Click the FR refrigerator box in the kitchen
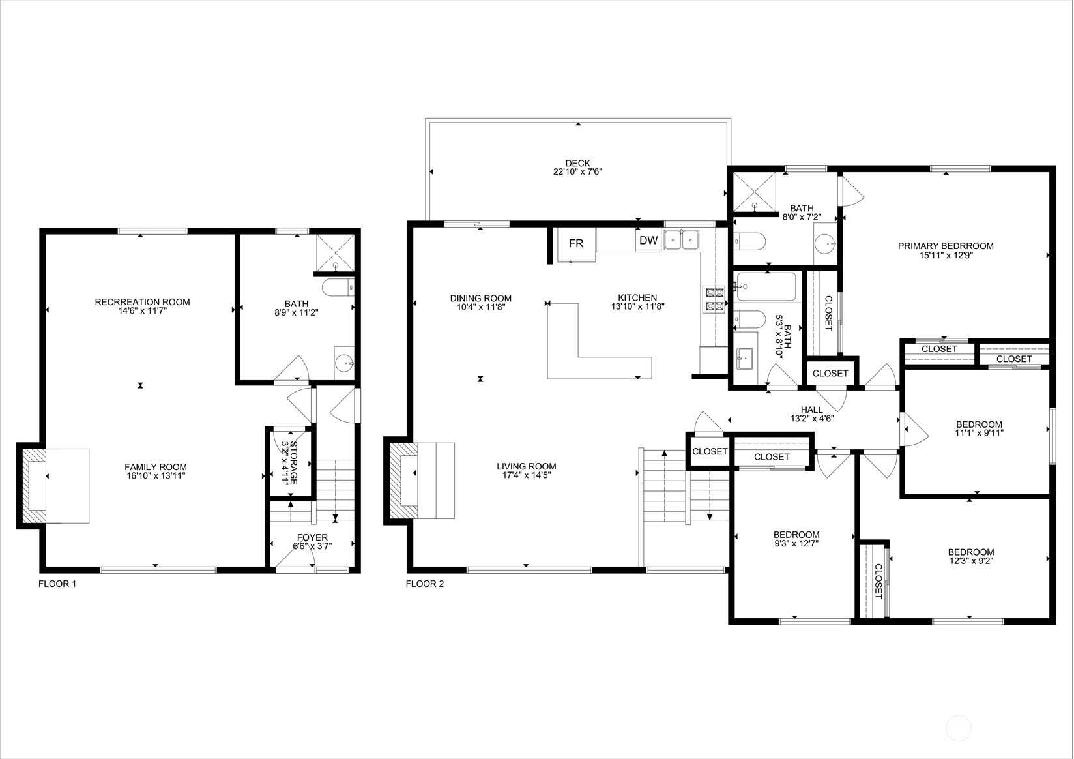click(x=576, y=244)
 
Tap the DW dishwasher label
click(x=648, y=241)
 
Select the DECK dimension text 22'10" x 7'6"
click(x=578, y=171)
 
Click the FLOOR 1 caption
click(x=57, y=584)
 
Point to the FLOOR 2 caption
click(x=425, y=584)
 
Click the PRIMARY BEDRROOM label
click(x=946, y=246)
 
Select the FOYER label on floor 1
click(x=313, y=538)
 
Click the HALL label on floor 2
click(x=812, y=409)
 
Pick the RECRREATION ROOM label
click(x=143, y=302)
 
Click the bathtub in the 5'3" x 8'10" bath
click(x=766, y=287)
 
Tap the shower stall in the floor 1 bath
click(x=336, y=252)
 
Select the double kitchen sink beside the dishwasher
click(x=682, y=240)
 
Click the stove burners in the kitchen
click(x=714, y=299)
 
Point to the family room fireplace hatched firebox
click(x=32, y=486)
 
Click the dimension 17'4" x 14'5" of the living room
click(x=527, y=475)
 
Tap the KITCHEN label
click(x=637, y=297)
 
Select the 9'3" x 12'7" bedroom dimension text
click(x=796, y=544)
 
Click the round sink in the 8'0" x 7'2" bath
click(x=826, y=244)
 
